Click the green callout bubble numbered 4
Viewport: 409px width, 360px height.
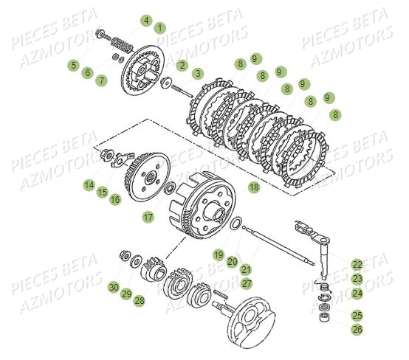[x=146, y=20]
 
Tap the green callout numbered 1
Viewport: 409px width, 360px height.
[x=161, y=27]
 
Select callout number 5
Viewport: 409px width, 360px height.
[x=72, y=65]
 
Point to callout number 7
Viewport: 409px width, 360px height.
[x=101, y=80]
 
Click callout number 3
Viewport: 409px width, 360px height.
[x=197, y=73]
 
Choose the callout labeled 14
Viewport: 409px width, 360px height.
[x=89, y=184]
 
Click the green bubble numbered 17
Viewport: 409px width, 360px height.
[x=148, y=217]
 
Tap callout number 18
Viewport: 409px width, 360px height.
[x=253, y=188]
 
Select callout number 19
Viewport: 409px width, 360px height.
[x=219, y=255]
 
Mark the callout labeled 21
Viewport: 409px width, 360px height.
[x=246, y=269]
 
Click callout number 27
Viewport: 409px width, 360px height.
[x=246, y=283]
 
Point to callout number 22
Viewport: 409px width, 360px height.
[x=357, y=264]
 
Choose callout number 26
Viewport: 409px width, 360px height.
[x=357, y=329]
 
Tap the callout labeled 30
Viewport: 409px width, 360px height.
[x=113, y=287]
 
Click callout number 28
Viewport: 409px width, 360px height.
[x=140, y=300]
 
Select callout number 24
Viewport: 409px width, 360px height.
[x=357, y=293]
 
